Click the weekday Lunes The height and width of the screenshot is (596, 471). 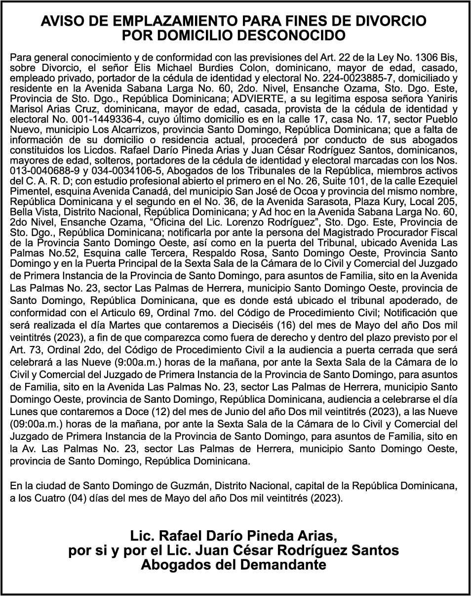[x=24, y=412]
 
